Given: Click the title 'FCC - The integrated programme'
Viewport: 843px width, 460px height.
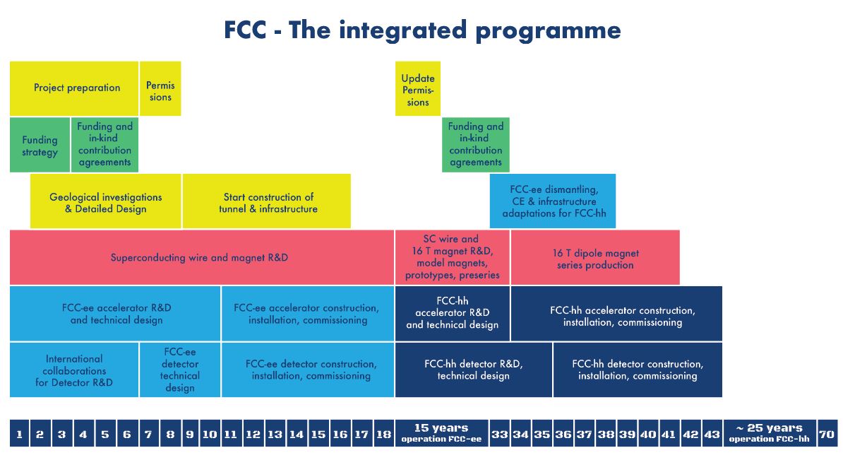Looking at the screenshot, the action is click(422, 30).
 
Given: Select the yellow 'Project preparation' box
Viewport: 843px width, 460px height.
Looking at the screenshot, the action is click(74, 88).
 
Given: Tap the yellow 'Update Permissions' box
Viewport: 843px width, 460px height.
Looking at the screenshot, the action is click(418, 88).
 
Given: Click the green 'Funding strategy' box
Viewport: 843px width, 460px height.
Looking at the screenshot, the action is click(40, 145).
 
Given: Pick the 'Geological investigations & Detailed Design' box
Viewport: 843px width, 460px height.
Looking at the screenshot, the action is click(105, 201).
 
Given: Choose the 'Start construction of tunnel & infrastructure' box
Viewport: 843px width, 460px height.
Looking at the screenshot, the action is click(267, 201).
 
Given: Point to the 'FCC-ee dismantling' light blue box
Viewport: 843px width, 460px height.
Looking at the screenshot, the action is click(553, 201).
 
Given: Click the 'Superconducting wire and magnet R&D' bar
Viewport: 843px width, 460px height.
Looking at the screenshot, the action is click(202, 257).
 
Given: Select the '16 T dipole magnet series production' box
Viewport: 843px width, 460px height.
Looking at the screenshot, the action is click(595, 257).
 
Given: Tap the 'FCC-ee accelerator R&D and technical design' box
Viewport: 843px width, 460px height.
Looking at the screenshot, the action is click(115, 314).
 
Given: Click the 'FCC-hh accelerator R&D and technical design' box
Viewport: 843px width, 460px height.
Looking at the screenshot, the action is click(452, 314).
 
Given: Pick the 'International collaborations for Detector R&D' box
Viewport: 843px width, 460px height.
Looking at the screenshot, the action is click(74, 370).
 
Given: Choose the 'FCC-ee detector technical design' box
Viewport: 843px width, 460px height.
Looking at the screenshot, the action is click(180, 370).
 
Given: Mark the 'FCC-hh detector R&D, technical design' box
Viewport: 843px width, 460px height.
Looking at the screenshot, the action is click(474, 370).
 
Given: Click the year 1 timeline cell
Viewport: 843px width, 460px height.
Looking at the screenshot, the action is click(19, 434).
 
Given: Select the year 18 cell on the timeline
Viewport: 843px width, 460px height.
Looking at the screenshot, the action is click(383, 434).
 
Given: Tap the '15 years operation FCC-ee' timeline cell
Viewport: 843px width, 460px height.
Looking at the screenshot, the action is click(441, 434).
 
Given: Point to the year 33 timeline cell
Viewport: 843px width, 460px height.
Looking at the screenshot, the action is click(499, 434).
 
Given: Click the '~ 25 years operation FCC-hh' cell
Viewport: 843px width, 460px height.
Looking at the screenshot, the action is click(770, 434).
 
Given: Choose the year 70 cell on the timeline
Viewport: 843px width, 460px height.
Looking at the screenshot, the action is click(827, 434).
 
